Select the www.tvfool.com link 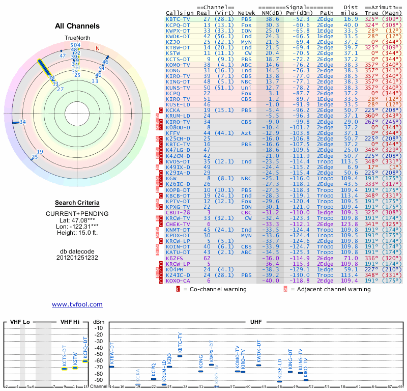click(x=77, y=304)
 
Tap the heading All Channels click(x=77, y=26)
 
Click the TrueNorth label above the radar click(x=77, y=38)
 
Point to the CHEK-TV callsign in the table click(x=178, y=224)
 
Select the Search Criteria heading click(x=77, y=203)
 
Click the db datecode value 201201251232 click(x=77, y=258)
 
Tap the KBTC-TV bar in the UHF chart click(x=180, y=356)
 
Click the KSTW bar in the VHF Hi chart click(x=75, y=367)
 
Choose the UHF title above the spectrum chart click(x=256, y=322)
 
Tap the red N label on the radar click(x=98, y=49)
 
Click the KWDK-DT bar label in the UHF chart click(x=258, y=350)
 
